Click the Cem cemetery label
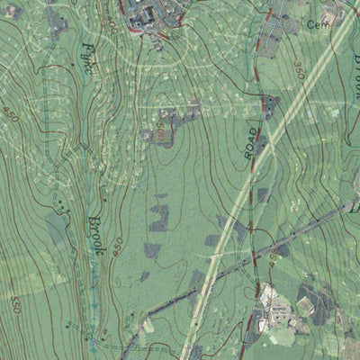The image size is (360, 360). (314, 24)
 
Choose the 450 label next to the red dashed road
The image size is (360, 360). (272, 258)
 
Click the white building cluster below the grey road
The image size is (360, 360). (271, 297)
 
